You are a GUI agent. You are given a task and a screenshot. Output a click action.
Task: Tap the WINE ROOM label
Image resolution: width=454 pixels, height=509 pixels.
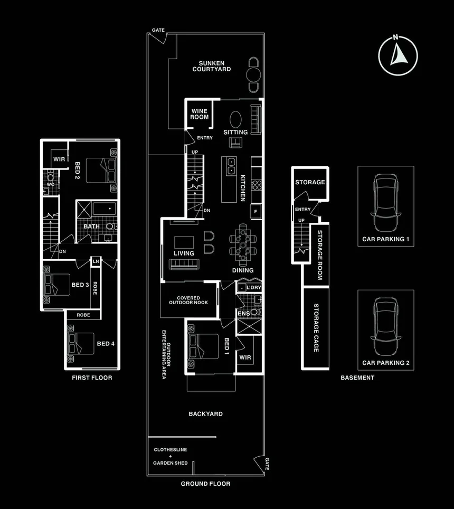click(200, 114)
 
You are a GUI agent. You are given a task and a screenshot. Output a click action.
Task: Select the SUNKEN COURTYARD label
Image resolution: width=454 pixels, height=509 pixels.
click(211, 65)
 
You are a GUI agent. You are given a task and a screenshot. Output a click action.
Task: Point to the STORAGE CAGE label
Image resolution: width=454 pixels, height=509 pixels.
click(316, 328)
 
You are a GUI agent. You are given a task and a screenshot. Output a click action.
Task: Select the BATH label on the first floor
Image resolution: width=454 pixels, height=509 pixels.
click(91, 227)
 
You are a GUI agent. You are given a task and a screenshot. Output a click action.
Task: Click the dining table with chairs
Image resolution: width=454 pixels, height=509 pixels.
click(243, 246)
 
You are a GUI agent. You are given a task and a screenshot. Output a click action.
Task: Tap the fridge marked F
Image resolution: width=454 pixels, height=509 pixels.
click(256, 212)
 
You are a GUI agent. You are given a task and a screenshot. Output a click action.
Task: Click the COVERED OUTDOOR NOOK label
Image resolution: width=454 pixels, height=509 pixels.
click(188, 300)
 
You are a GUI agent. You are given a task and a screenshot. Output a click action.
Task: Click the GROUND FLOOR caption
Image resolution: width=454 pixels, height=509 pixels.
click(205, 484)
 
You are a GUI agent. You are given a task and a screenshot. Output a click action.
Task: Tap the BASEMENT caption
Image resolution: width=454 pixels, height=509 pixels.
click(357, 378)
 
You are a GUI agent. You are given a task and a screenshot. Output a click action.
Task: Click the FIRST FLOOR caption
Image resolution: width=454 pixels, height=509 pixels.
click(92, 378)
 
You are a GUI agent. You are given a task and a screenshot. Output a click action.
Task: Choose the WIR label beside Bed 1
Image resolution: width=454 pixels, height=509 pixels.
click(245, 357)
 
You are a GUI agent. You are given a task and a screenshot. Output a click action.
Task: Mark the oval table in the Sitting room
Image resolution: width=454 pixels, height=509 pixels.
click(235, 118)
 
